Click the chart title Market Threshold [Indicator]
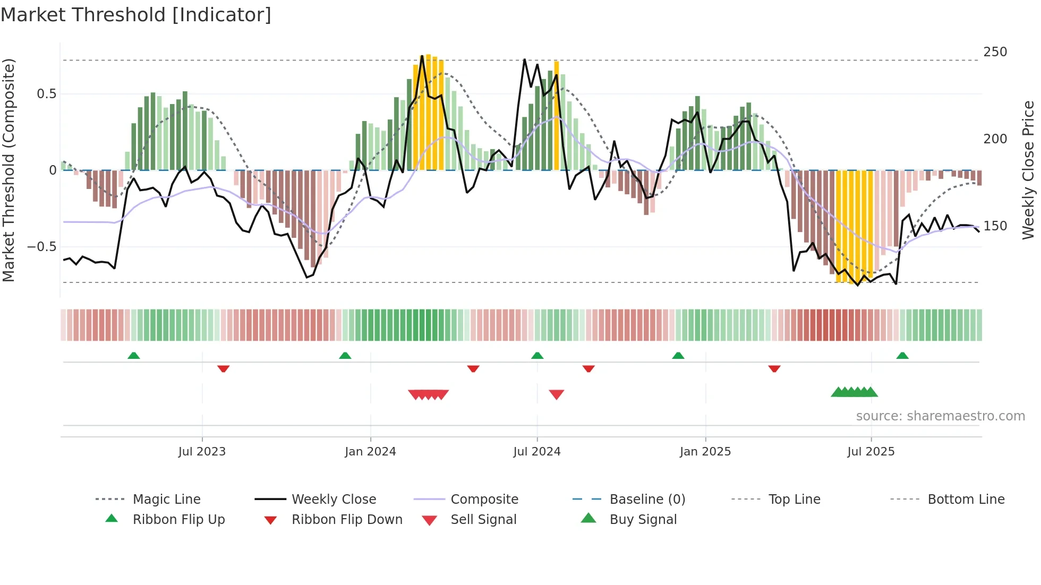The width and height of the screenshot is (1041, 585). (x=136, y=15)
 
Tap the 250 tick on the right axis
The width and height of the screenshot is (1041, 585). (x=995, y=52)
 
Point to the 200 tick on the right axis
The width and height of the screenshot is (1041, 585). (x=995, y=139)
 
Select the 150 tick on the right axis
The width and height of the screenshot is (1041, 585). (x=995, y=226)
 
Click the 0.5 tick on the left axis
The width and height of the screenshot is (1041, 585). (x=46, y=94)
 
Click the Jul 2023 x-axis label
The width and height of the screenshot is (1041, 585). (x=202, y=452)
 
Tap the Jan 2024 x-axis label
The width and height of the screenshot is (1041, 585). (x=370, y=452)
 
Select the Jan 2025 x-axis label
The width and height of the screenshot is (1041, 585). (x=705, y=452)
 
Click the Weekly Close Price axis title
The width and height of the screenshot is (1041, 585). (x=1028, y=170)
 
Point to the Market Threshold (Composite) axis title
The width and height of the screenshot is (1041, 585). (x=8, y=170)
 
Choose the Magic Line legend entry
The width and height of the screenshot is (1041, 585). (x=166, y=500)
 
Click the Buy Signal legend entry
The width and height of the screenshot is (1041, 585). (x=643, y=520)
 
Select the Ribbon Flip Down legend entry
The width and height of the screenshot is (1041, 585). (x=347, y=520)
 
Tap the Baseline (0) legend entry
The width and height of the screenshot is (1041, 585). (x=647, y=500)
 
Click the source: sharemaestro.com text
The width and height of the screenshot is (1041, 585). (x=940, y=416)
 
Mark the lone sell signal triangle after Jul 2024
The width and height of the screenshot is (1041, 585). (x=556, y=394)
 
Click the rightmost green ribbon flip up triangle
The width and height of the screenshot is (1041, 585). (x=902, y=356)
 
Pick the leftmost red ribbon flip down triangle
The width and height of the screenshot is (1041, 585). (x=223, y=368)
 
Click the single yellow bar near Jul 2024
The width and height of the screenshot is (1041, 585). (x=557, y=116)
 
